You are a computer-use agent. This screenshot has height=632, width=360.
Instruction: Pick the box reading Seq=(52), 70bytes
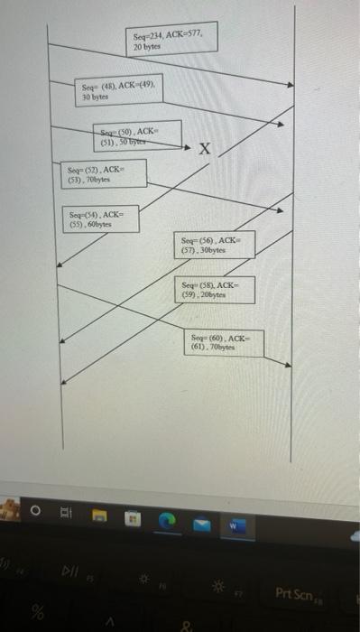(x=104, y=173)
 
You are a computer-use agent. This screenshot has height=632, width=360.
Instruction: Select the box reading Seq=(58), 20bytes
(x=217, y=289)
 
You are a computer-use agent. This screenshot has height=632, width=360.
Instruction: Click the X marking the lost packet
(x=206, y=151)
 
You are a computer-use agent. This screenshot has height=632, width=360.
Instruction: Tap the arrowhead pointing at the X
(x=187, y=147)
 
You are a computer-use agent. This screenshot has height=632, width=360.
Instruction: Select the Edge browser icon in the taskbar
(x=167, y=522)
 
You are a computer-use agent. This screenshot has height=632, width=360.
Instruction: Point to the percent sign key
(x=38, y=612)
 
